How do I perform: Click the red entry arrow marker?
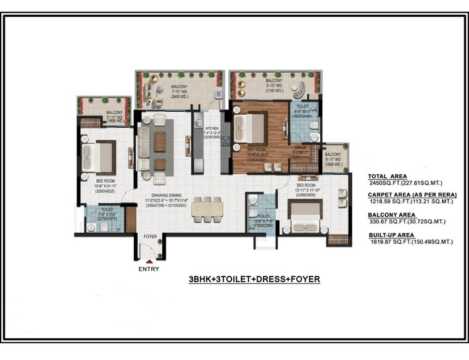coord(149,262)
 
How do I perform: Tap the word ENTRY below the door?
coord(149,269)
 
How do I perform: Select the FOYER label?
coord(150,237)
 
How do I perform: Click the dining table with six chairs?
coord(204,209)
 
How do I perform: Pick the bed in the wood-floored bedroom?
coord(249,128)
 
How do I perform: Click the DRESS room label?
coord(300,148)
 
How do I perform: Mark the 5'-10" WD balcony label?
coord(274,83)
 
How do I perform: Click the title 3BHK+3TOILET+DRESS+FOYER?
coord(254,279)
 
